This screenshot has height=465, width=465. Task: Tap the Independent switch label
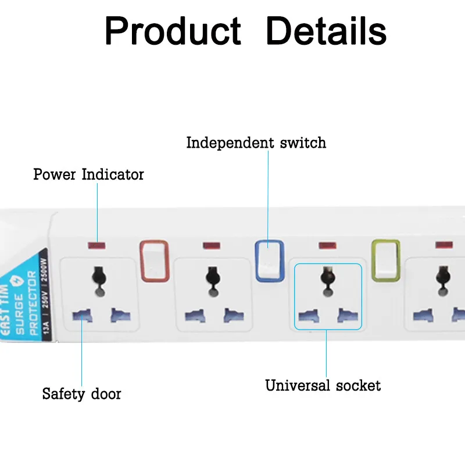tap(256, 143)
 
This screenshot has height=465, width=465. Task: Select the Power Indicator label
tap(88, 174)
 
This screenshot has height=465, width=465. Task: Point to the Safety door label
tap(81, 394)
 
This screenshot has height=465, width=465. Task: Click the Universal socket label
tap(323, 385)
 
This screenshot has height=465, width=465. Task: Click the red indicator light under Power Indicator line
tap(96, 246)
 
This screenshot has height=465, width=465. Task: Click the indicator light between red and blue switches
tap(212, 246)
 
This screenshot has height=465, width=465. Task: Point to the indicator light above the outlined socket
tap(327, 246)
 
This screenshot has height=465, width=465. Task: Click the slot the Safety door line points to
tap(82, 316)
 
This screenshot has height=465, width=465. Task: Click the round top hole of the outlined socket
tap(327, 273)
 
